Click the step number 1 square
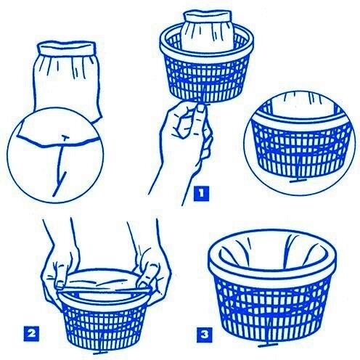pyautogui.click(x=201, y=194)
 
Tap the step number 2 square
pyautogui.click(x=31, y=334)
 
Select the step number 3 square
pyautogui.click(x=205, y=335)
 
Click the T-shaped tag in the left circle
pyautogui.click(x=60, y=165)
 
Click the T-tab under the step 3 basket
pyautogui.click(x=267, y=345)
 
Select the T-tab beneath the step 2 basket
pyautogui.click(x=99, y=353)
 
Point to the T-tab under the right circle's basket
pyautogui.click(x=296, y=180)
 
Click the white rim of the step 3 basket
pyautogui.click(x=272, y=271)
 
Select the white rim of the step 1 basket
pyautogui.click(x=207, y=55)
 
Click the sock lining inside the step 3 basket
pyautogui.click(x=272, y=252)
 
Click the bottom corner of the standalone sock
pyautogui.click(x=99, y=118)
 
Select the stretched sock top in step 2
pyautogui.click(x=103, y=281)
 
